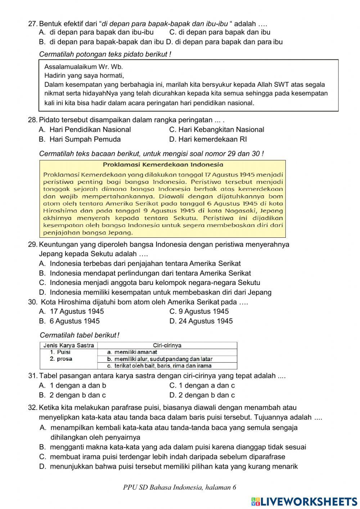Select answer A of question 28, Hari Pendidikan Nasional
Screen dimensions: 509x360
(x=85, y=130)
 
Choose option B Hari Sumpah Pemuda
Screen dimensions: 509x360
(x=80, y=139)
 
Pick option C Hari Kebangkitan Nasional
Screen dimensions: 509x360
(x=216, y=130)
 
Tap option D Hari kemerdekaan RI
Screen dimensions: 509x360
(x=208, y=139)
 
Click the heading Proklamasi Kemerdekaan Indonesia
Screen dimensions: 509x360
(x=163, y=165)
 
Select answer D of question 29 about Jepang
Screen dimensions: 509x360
(x=155, y=293)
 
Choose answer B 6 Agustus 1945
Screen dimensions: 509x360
(x=69, y=321)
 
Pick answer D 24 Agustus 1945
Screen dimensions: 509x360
(x=201, y=321)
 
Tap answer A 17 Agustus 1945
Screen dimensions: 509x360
(x=71, y=312)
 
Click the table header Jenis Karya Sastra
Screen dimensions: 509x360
(x=68, y=345)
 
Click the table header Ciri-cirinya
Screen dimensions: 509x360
(x=167, y=345)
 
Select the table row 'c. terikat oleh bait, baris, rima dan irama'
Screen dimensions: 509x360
(x=159, y=366)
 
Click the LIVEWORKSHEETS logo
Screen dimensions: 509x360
(x=304, y=501)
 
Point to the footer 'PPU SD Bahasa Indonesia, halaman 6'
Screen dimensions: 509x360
(x=179, y=488)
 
